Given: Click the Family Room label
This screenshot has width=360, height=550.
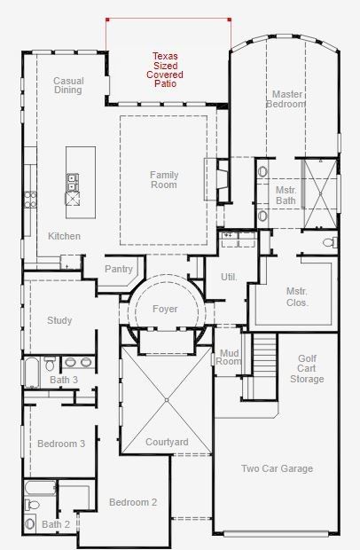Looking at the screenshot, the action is point(164,179).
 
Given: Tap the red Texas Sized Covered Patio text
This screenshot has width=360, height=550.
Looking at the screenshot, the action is point(165,70).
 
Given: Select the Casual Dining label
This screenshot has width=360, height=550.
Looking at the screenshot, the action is point(68,85).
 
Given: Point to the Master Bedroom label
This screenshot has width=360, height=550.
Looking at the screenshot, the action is point(286,99).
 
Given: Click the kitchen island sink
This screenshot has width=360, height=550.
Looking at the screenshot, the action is point(73,183).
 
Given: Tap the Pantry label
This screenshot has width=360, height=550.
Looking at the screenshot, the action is point(119,269).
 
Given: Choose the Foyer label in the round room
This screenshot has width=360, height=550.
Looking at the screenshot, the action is point(165,309).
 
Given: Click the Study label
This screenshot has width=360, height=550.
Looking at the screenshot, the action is point(59,320).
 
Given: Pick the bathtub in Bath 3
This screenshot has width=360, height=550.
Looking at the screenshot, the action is point(32,373).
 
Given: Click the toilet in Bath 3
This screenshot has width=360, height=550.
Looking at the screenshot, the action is point(50,364).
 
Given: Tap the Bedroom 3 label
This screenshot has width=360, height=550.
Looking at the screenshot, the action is point(61,444).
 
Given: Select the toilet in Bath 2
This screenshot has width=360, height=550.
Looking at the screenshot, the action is point(32,505).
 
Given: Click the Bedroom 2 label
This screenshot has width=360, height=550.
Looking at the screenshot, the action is point(133,502).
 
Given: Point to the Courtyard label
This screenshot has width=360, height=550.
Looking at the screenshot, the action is point(167,442).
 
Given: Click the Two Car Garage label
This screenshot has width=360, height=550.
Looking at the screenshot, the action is point(277,468).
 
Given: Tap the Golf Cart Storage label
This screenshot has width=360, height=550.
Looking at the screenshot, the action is point(307,369).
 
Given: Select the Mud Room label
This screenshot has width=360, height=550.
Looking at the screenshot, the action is point(229,357).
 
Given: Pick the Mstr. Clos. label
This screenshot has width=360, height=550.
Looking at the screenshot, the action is point(297,297).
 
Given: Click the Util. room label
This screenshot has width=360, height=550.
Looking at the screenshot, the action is point(229,277).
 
